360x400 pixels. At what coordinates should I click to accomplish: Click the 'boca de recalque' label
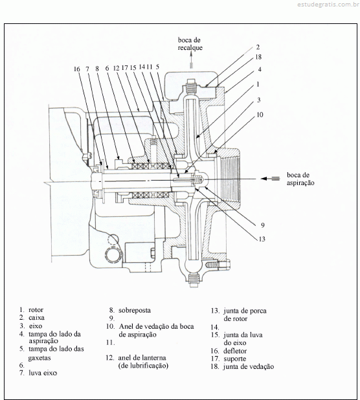pos(190,44)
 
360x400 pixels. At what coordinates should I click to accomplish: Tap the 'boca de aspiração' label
pos(300,179)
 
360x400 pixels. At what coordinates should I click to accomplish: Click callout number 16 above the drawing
pos(77,69)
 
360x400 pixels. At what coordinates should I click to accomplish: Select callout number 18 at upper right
pos(258,57)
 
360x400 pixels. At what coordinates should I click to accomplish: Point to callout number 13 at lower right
pos(262,239)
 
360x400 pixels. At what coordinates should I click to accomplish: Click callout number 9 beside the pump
pos(262,225)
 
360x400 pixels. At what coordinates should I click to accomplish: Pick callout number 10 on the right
pos(260,115)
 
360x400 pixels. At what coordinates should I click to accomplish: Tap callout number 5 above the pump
pos(157,67)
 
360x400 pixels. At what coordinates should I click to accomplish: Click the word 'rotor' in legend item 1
pos(36,310)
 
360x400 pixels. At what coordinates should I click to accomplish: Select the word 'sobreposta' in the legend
pos(135,311)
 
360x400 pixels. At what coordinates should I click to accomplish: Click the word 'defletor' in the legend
pos(235,351)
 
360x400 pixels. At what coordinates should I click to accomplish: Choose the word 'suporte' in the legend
pos(234,359)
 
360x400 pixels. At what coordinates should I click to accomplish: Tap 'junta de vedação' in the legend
pos(249,366)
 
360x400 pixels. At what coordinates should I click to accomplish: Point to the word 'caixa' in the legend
pos(36,318)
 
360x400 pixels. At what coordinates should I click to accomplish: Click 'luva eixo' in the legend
pos(43,373)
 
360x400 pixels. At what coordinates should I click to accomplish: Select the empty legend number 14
pos(214,327)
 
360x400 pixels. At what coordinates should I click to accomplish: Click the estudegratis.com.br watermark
pos(328,5)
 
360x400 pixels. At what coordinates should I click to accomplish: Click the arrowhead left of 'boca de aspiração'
pos(264,179)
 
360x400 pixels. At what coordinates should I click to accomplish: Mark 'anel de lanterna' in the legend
pos(142,358)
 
